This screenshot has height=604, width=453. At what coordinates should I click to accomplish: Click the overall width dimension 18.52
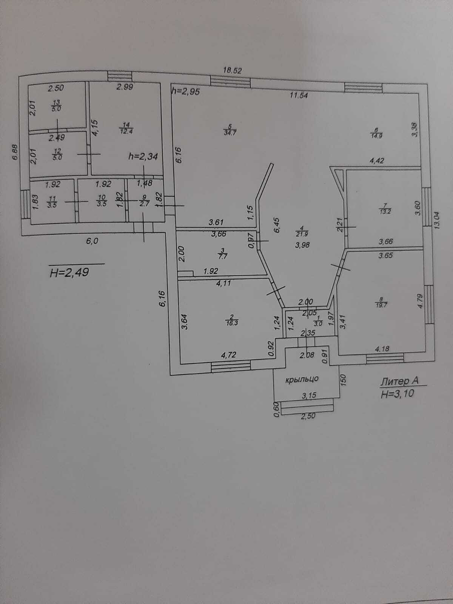tap(232, 70)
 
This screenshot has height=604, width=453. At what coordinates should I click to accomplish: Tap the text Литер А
tap(399, 382)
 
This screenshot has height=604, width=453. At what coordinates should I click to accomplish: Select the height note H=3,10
tap(397, 394)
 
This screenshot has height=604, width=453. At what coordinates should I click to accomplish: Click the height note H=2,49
tap(69, 272)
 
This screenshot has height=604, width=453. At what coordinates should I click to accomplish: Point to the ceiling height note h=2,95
tap(185, 91)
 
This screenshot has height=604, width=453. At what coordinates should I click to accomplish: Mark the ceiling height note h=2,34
tap(143, 156)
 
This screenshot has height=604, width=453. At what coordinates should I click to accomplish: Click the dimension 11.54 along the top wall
tap(299, 96)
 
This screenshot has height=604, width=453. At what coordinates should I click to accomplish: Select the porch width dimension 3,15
tap(308, 395)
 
